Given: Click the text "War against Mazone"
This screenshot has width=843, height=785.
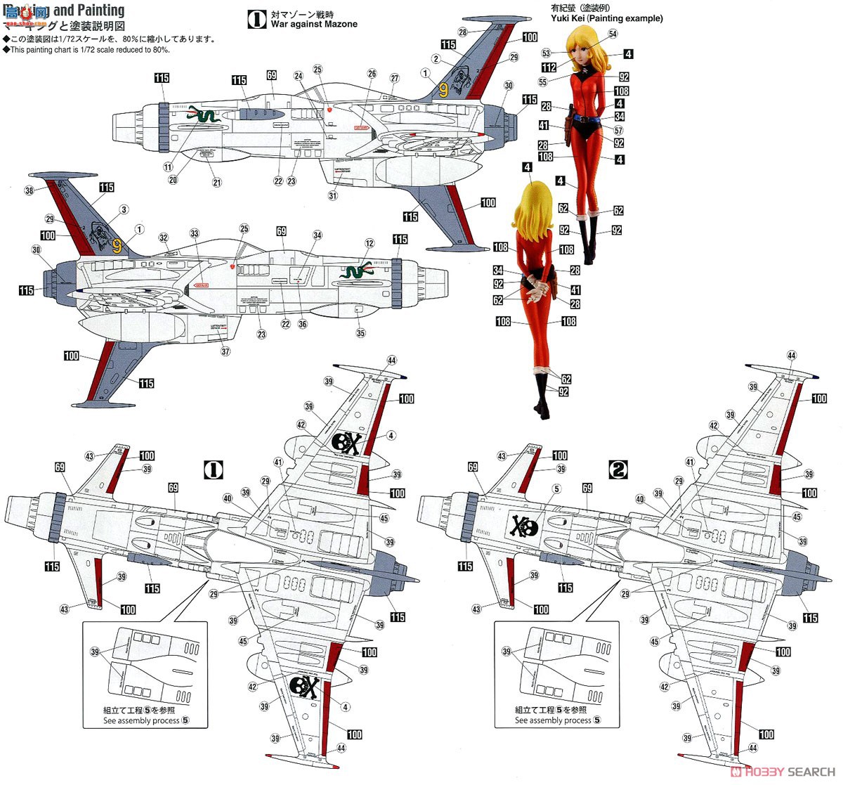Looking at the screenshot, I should (x=314, y=24).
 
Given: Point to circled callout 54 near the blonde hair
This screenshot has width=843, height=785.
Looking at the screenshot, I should (x=613, y=34).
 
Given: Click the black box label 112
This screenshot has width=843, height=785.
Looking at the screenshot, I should (x=549, y=67).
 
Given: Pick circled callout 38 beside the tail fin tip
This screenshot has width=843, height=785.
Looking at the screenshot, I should (x=29, y=190).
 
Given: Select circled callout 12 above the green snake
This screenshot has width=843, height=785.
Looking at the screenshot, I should (x=370, y=243).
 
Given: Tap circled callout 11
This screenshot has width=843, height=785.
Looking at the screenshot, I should (x=168, y=167).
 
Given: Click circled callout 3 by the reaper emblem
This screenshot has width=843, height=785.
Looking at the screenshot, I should (x=124, y=209).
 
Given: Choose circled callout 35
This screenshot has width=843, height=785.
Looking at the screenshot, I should (x=360, y=333).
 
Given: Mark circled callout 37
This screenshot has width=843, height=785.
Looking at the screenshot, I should (x=226, y=351).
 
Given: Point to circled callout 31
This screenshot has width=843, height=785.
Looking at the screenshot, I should (x=333, y=196).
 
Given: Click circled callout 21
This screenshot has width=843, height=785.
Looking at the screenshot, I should (x=217, y=183).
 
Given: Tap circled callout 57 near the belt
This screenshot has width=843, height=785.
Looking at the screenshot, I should (x=618, y=131).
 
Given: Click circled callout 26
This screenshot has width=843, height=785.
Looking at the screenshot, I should (x=372, y=74).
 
